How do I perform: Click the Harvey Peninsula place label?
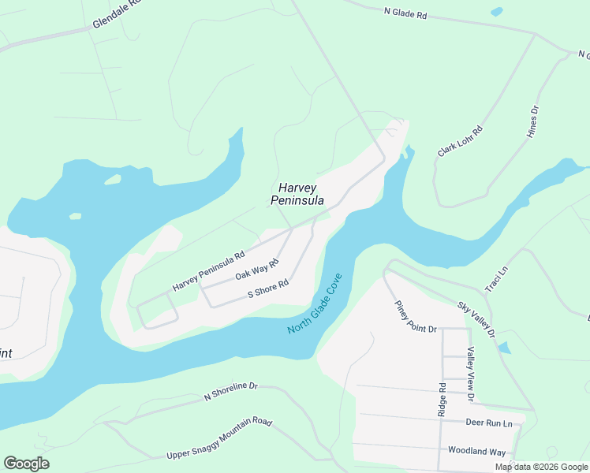pyautogui.click(x=297, y=194)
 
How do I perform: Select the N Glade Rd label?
pyautogui.click(x=405, y=13)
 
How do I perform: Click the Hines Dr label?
pyautogui.click(x=534, y=122)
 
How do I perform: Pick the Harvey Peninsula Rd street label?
pyautogui.click(x=209, y=270)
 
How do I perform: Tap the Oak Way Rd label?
pyautogui.click(x=257, y=270)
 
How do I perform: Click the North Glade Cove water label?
pyautogui.click(x=315, y=304)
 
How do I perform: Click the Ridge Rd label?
pyautogui.click(x=442, y=400)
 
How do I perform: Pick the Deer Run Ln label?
pyautogui.click(x=488, y=423)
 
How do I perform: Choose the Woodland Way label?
pyautogui.click(x=476, y=452)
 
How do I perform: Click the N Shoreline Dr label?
pyautogui.click(x=231, y=390)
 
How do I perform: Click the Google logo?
pyautogui.click(x=26, y=464)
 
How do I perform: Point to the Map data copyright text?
pyautogui.click(x=540, y=467)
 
